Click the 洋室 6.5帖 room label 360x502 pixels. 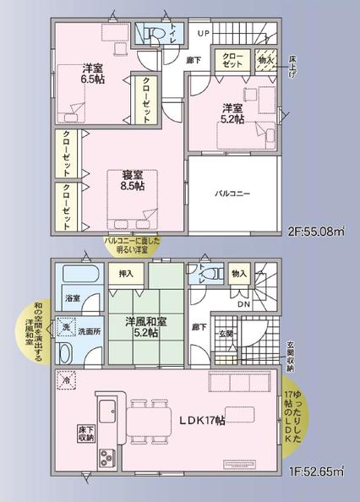click(x=92, y=73)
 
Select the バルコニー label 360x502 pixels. click(x=232, y=194)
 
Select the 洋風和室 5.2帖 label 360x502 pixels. click(x=145, y=327)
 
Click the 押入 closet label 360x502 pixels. click(x=125, y=275)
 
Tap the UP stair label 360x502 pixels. click(x=203, y=32)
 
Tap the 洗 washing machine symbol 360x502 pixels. click(x=66, y=326)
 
